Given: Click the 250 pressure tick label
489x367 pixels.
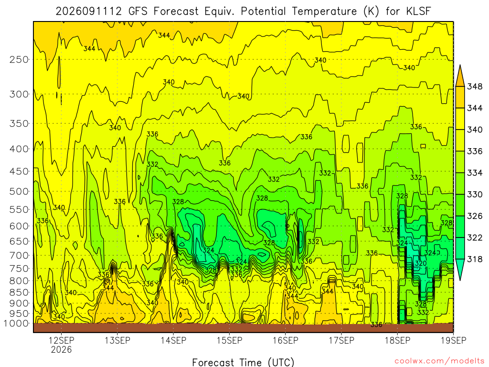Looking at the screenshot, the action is [x=19, y=59].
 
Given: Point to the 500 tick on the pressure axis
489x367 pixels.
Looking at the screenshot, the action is [x=19, y=191].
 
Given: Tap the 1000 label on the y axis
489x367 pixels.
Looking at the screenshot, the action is [x=16, y=324].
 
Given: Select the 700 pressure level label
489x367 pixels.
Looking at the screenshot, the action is [x=19, y=255].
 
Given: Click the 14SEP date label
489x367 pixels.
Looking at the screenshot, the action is [x=173, y=340].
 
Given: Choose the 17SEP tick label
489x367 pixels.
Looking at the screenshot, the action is [x=341, y=340].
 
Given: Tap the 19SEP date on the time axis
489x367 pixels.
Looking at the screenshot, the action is [x=454, y=340].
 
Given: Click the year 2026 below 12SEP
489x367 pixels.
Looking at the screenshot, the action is [x=62, y=349].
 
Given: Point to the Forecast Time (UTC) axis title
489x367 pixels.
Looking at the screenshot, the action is [x=243, y=362].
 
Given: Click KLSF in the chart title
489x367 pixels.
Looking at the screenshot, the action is [x=419, y=11].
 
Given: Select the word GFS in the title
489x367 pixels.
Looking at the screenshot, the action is [x=138, y=11].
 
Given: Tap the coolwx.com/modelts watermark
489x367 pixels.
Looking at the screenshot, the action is [x=439, y=361].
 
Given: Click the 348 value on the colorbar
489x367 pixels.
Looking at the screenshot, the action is [x=475, y=86].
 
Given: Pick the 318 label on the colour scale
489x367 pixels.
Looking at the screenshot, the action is [x=475, y=259].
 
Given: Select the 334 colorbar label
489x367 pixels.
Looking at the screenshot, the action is [x=475, y=173].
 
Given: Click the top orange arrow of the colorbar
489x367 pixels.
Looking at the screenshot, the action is [x=460, y=76].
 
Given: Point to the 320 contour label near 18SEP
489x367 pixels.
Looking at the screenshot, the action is [x=420, y=263].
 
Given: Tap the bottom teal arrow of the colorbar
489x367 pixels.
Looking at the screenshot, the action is [x=460, y=270].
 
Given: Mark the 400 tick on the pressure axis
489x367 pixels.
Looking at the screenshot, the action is [x=19, y=149].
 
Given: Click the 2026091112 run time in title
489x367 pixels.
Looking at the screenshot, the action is [x=88, y=11].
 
